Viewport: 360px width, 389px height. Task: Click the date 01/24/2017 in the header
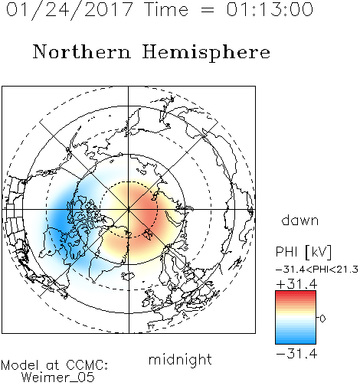[x=69, y=10]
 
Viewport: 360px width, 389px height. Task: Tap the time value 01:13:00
[x=270, y=9]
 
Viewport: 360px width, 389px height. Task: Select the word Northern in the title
[x=82, y=51]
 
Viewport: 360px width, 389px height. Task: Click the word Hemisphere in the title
[x=206, y=53]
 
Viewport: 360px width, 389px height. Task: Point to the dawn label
[x=299, y=220]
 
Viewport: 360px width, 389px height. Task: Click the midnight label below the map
[x=180, y=359]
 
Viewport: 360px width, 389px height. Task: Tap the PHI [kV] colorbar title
[x=303, y=252]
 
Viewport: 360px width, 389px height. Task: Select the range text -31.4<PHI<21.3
[x=317, y=270]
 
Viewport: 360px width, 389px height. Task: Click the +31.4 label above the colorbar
[x=297, y=284]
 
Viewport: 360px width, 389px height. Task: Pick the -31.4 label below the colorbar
[x=297, y=354]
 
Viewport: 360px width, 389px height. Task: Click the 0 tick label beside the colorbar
[x=322, y=319]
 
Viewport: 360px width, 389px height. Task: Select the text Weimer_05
[x=58, y=378]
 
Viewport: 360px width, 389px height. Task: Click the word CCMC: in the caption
[x=87, y=365]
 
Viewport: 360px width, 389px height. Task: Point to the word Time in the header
[x=166, y=9]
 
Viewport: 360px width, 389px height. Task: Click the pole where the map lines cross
[x=129, y=210]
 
